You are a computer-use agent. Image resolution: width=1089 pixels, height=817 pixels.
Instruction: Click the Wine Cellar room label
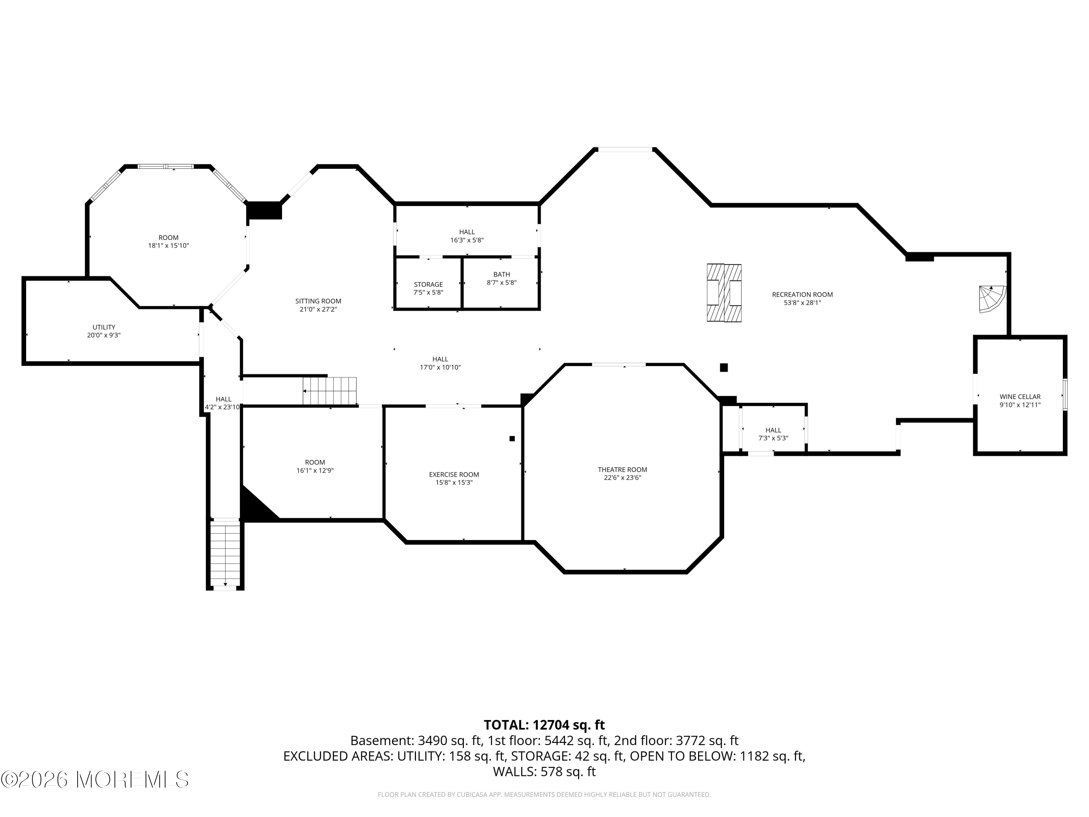pos(1020,397)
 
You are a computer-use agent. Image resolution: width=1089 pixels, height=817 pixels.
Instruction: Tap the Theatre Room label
pos(622,469)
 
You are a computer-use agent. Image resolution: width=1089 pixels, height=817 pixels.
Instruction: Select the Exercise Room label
pos(454,474)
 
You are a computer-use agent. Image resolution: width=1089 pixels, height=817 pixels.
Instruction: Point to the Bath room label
pos(502,274)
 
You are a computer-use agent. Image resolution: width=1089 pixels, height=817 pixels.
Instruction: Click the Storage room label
pos(428,284)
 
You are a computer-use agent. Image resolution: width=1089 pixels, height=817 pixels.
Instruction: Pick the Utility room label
pos(104,327)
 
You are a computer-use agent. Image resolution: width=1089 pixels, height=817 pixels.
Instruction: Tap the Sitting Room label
pos(318,301)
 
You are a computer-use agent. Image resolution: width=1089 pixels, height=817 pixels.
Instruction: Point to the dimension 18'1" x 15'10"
pos(168,245)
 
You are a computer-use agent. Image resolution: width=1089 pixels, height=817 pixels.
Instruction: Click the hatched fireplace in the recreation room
pos(724,293)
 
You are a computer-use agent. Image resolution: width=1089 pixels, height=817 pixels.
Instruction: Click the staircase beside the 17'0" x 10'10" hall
pos(329,391)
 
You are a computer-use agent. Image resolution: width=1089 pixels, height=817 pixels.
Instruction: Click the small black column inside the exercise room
pos(512,438)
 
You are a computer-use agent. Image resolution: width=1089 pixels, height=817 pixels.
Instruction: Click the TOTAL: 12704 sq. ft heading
pos(544,725)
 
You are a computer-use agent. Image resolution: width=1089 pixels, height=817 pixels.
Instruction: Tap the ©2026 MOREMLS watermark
pos(94,779)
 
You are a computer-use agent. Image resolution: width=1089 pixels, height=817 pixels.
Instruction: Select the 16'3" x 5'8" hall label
pos(467,236)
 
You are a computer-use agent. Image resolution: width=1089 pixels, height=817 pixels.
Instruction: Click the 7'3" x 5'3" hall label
pos(773,434)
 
